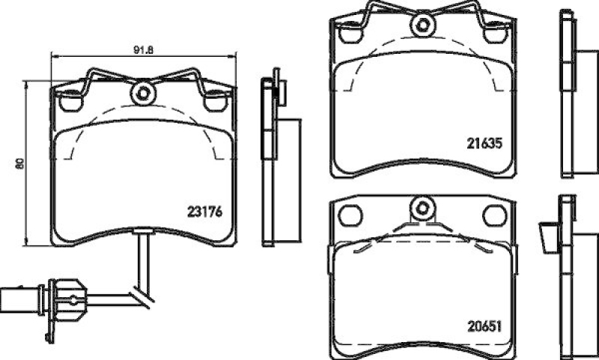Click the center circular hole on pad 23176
[141, 94]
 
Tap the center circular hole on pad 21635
[422, 24]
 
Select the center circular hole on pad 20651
[422, 207]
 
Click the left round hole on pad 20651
[349, 215]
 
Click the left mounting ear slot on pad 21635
[349, 33]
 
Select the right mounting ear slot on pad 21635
[494, 33]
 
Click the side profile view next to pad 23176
[275, 161]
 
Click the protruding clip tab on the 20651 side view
[547, 237]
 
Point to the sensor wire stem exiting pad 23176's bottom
[142, 258]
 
